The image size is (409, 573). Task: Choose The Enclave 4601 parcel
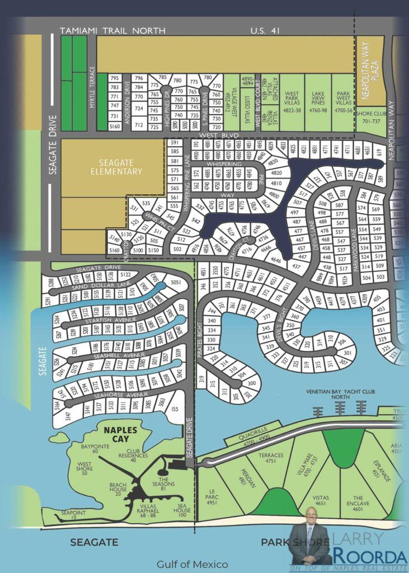pos(358,501)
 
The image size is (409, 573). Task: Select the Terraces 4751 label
pos(271,458)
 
